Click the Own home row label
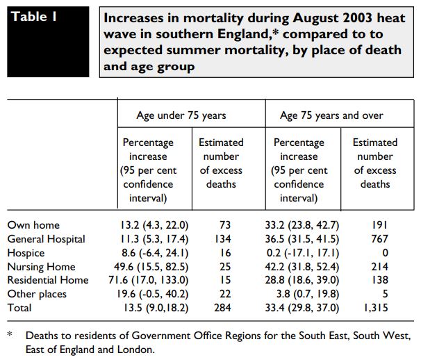click(x=33, y=225)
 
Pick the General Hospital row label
click(x=46, y=239)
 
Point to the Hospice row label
click(x=26, y=253)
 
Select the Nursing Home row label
click(x=43, y=267)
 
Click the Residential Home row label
click(x=48, y=280)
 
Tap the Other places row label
click(x=38, y=294)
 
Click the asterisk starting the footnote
click(x=10, y=335)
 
